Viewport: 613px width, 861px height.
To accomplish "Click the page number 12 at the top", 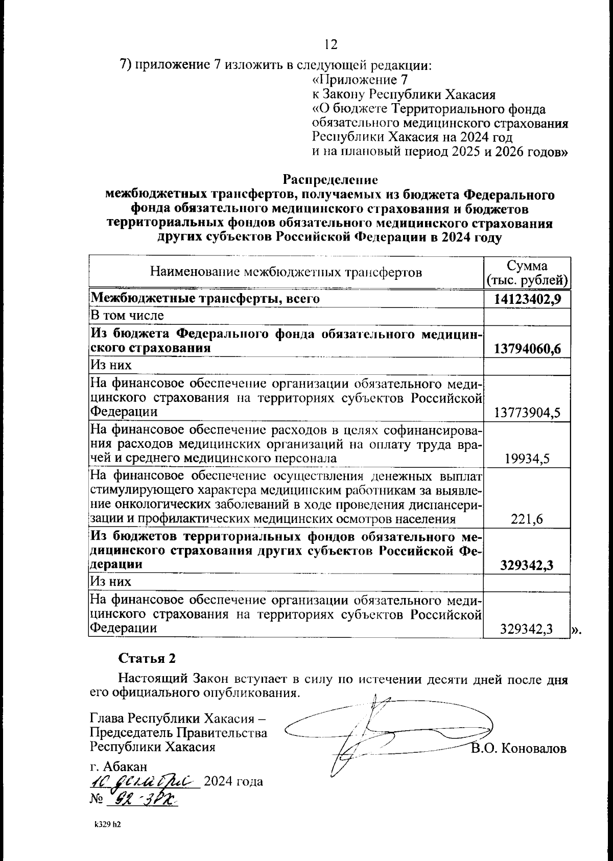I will [x=331, y=45].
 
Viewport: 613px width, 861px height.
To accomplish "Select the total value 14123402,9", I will [x=528, y=299].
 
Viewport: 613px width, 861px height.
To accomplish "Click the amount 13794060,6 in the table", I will [x=528, y=349].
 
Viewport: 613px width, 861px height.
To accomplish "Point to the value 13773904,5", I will [x=528, y=412].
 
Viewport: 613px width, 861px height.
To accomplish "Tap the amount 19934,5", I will [x=528, y=459].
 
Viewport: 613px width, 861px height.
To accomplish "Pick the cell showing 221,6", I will [x=528, y=519].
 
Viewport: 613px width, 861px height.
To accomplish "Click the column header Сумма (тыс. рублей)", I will [x=527, y=273].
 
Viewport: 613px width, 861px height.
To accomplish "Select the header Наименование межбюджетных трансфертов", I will [x=286, y=272].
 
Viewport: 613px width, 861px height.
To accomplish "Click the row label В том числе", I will [x=127, y=315].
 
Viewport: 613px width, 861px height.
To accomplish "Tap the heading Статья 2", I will [x=147, y=658].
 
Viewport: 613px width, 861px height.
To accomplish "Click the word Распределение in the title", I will [x=330, y=180].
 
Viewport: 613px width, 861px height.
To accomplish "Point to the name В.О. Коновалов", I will [x=519, y=749].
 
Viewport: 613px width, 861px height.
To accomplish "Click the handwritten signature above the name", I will [x=378, y=730].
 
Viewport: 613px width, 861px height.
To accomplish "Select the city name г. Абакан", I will [x=118, y=767].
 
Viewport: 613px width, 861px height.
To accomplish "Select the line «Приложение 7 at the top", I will [x=360, y=80].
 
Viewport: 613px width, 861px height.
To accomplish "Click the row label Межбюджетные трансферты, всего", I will [x=205, y=299].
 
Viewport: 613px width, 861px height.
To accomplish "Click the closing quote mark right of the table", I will [x=576, y=631].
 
